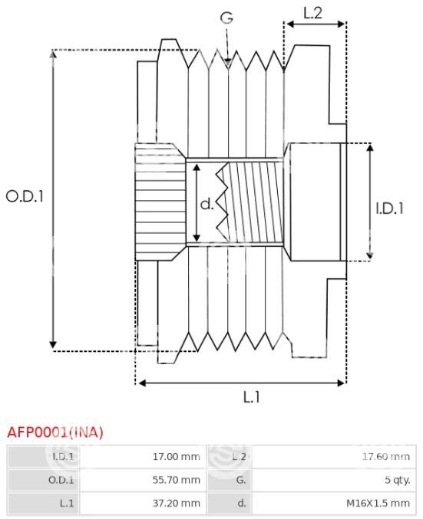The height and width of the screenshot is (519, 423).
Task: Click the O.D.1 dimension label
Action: (25, 196)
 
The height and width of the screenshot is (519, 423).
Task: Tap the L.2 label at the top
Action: (313, 13)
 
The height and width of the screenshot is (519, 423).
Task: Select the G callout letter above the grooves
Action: (226, 18)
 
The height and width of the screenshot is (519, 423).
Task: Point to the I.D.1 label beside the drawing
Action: (389, 209)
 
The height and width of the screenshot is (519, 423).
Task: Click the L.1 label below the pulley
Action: (252, 397)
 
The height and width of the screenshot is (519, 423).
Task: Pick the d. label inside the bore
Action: (207, 204)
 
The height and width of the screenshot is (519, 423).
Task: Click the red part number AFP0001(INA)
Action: (55, 432)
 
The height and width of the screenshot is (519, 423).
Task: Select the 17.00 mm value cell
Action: (176, 457)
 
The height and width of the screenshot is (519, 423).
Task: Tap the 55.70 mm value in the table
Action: (176, 480)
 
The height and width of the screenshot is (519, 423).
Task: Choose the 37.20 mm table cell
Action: (176, 503)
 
